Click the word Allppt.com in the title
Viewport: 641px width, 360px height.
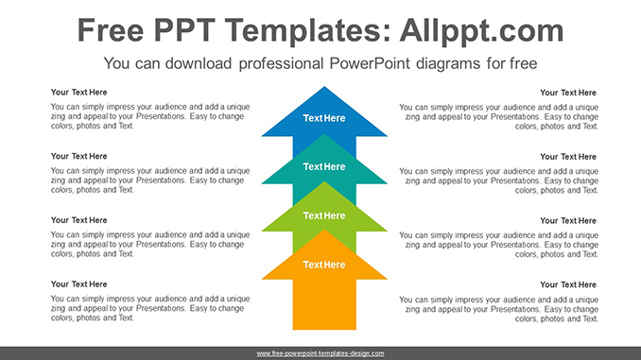481,31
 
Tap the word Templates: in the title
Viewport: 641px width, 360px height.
307,30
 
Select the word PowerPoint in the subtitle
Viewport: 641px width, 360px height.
370,63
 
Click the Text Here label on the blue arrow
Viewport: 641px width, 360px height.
324,118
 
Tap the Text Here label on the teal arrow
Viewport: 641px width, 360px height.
324,166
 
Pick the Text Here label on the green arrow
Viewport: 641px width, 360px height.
324,215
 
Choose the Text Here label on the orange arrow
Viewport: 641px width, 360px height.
324,265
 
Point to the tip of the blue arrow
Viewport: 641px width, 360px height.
324,87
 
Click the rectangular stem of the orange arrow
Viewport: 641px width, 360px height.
324,304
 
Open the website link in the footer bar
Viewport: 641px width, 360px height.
320,353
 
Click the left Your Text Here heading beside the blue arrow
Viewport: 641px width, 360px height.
78,93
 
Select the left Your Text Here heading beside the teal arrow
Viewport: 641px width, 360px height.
78,156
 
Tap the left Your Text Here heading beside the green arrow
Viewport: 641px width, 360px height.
78,220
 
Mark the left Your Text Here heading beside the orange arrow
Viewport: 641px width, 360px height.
78,284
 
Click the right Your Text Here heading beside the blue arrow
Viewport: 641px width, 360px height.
568,93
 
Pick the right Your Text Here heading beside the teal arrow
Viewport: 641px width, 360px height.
568,157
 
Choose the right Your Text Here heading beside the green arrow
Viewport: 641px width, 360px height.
568,221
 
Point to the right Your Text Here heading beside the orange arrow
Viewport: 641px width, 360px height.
568,284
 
